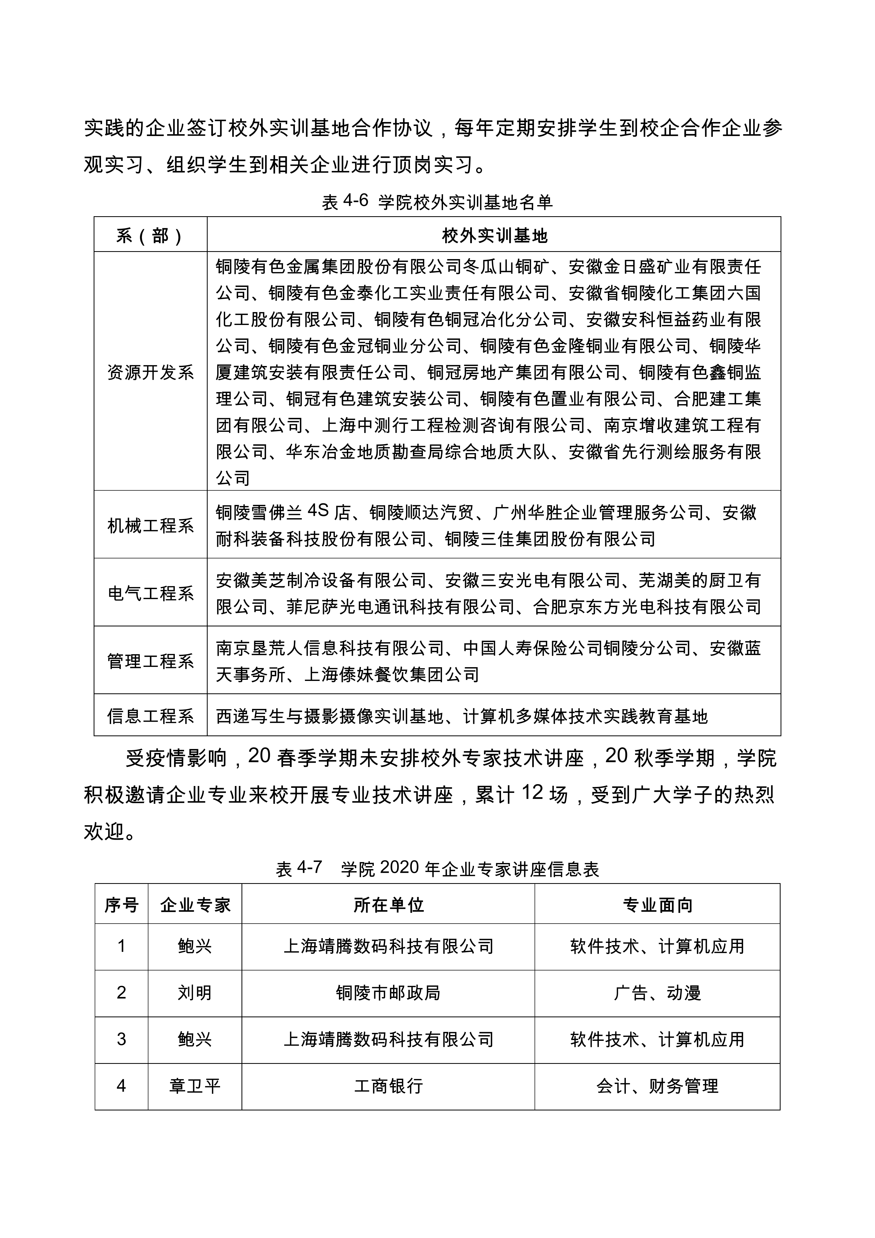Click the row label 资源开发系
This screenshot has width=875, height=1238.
(x=150, y=372)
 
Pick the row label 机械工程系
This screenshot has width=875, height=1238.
(x=150, y=525)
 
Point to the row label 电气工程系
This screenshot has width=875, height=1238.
(x=150, y=593)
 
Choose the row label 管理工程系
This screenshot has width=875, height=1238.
(x=150, y=661)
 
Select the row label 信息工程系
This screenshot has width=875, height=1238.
(x=150, y=716)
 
